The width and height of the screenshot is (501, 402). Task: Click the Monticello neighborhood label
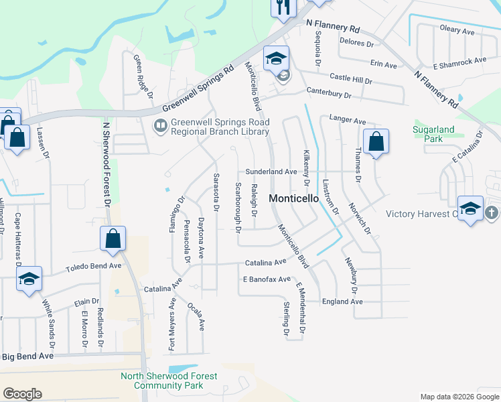(293, 198)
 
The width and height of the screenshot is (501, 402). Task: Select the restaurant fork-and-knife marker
(283, 7)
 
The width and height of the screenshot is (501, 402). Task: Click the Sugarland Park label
(433, 134)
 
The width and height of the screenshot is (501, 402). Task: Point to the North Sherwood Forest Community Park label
(169, 381)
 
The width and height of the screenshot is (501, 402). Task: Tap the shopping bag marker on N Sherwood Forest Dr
(113, 239)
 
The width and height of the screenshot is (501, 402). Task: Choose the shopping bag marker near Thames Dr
(376, 141)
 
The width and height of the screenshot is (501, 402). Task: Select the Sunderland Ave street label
(271, 172)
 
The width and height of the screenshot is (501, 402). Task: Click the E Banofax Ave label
(267, 279)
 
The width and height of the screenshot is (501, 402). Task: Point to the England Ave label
(342, 302)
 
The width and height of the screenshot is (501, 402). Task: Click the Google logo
(22, 394)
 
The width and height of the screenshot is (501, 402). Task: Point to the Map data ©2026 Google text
(459, 397)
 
